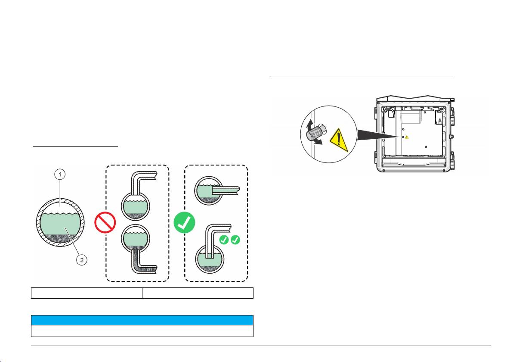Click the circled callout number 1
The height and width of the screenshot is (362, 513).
(61, 175)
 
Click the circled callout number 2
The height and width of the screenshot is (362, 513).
(83, 259)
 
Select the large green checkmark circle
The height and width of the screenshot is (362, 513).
(185, 223)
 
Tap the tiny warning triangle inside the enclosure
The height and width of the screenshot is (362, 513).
(407, 137)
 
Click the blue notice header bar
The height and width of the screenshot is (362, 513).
(142, 320)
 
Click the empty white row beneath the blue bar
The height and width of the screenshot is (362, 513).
(142, 330)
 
